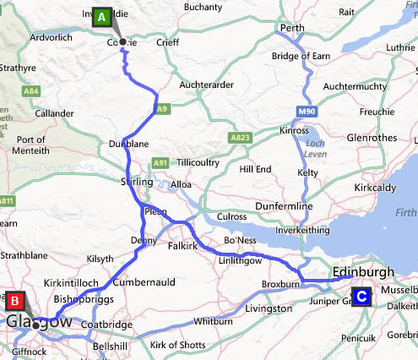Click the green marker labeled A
click(101, 16)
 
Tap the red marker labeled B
click(15, 300)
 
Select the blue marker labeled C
click(361, 297)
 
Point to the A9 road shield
click(162, 109)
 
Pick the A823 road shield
click(239, 136)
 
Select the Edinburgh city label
click(363, 271)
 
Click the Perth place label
click(292, 28)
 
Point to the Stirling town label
click(138, 182)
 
